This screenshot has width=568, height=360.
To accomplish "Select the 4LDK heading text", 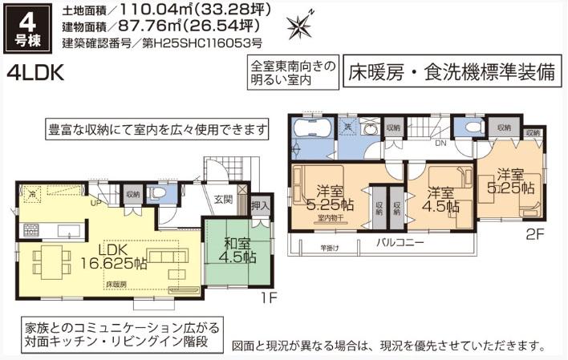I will pos(36,73).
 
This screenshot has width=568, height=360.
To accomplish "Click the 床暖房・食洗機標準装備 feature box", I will pos(452,73).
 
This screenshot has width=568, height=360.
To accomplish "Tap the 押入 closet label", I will pos(259,206).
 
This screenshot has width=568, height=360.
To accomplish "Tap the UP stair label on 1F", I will pos(96,203).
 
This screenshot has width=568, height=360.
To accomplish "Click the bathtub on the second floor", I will pos(311,131).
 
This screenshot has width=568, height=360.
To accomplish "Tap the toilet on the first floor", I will pos(159,192).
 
